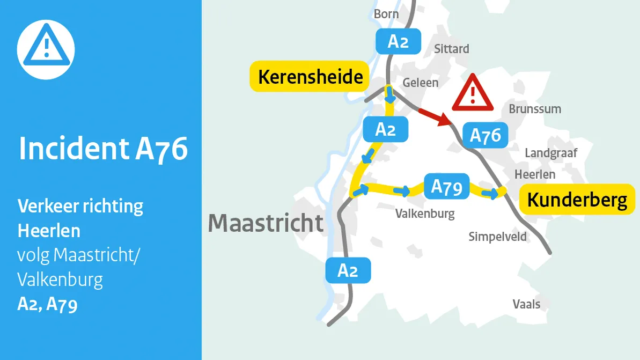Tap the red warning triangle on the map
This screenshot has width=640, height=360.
[472, 93]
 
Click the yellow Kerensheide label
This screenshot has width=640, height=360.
[311, 77]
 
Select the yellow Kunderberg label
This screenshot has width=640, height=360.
[577, 200]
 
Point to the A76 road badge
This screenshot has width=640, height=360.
[485, 135]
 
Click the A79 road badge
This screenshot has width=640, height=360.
[446, 187]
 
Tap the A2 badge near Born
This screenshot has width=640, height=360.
[398, 41]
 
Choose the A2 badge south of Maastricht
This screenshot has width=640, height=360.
[348, 270]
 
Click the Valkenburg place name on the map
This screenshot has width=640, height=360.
[425, 214]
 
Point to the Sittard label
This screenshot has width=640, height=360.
[452, 49]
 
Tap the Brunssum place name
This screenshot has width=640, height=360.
[535, 109]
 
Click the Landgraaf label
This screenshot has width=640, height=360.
[551, 153]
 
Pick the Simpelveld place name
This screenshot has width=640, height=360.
[497, 237]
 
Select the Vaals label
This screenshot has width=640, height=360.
[526, 304]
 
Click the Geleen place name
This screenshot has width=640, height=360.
[421, 83]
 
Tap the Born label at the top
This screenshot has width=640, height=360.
[386, 13]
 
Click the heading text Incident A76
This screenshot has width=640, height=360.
[104, 148]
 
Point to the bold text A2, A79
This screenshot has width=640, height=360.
[47, 304]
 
